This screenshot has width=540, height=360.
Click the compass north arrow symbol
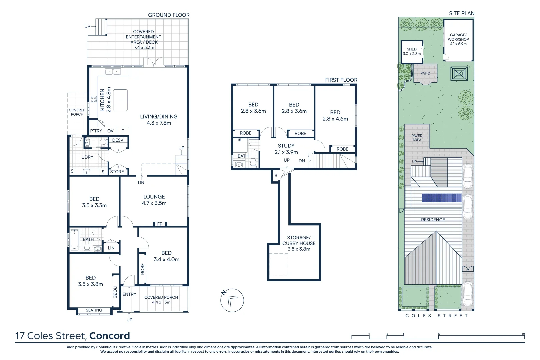coord(232,300)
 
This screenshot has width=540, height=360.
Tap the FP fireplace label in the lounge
coord(160,224)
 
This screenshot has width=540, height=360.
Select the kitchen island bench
coord(120,100)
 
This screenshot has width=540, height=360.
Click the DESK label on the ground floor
coord(118,140)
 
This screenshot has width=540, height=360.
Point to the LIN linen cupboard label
coord(111,248)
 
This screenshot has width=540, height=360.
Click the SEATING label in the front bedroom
coord(94,310)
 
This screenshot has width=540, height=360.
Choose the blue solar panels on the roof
coord(442,198)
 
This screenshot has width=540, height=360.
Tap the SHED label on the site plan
coord(412,49)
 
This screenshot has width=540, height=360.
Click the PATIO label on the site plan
coord(425,73)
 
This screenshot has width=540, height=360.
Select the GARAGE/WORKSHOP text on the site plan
coord(458,37)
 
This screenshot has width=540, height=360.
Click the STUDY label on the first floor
coord(286,146)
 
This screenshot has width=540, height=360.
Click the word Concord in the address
coord(109,336)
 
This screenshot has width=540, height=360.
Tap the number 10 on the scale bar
coord(523,334)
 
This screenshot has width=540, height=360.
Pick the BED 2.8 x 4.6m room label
coord(335,116)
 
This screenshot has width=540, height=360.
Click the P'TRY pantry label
coord(96,131)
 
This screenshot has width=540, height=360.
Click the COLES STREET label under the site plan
coord(436,316)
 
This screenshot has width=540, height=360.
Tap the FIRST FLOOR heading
coord(341,80)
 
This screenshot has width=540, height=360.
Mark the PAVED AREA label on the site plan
coord(417,138)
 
